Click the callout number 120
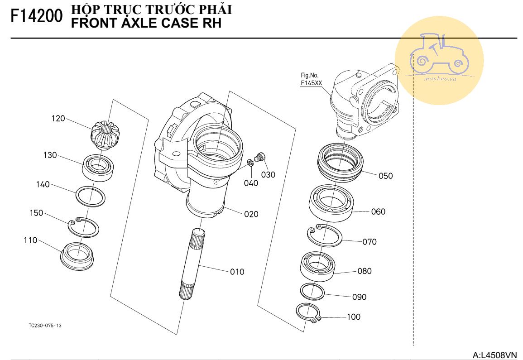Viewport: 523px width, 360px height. [58, 119]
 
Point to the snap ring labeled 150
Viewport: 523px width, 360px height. [83, 226]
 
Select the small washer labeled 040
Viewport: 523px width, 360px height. [250, 163]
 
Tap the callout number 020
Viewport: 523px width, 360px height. [251, 214]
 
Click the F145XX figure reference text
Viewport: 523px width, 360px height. [310, 83]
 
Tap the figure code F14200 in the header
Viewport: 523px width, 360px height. [36, 17]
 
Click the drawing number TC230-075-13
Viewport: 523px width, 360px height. [45, 326]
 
